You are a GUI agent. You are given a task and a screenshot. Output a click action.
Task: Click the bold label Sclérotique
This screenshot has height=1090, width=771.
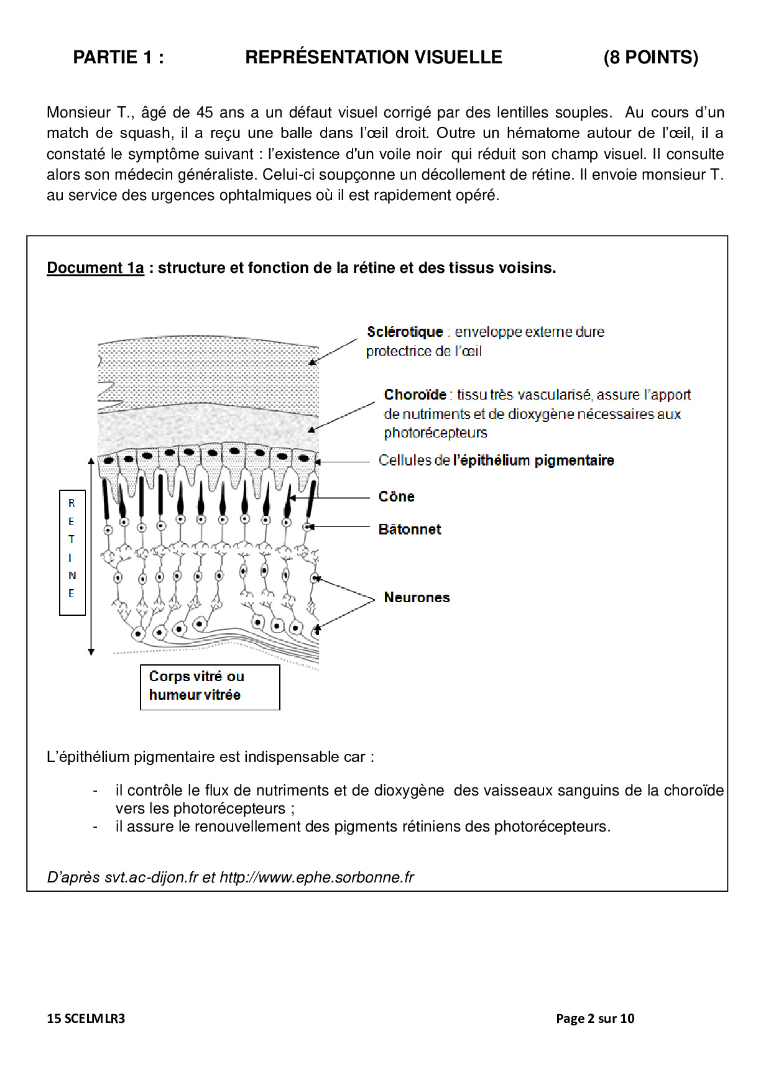click(404, 332)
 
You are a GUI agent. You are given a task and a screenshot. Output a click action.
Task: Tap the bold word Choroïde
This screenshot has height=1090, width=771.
click(415, 395)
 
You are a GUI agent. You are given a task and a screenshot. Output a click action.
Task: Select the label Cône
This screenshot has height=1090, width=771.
click(396, 497)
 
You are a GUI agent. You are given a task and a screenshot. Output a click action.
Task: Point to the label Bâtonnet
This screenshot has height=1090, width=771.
click(410, 529)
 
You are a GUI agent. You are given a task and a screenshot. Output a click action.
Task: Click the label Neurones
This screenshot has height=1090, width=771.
click(417, 597)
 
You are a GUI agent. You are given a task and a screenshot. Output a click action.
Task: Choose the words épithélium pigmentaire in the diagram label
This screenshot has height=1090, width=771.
click(533, 460)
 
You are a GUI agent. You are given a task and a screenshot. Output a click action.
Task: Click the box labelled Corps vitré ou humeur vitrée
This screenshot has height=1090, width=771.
click(210, 687)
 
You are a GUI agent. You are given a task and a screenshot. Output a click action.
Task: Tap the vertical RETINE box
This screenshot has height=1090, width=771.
click(72, 552)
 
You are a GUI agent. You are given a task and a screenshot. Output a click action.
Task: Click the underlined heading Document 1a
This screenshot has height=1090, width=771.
click(95, 268)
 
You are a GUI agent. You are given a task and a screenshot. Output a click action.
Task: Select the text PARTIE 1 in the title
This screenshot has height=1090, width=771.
click(118, 57)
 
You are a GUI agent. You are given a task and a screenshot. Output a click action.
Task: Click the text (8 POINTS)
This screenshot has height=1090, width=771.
click(650, 57)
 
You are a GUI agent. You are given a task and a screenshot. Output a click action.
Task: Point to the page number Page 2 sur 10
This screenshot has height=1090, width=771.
click(595, 1018)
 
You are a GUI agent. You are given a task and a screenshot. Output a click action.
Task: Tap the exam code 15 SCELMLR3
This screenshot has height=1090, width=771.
click(86, 1018)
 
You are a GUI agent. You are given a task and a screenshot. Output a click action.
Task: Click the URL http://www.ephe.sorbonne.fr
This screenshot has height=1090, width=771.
click(316, 877)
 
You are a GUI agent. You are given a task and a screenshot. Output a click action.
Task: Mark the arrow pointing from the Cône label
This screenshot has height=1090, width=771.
click(330, 498)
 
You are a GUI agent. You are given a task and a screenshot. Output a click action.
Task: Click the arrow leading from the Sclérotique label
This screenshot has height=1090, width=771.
click(333, 352)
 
